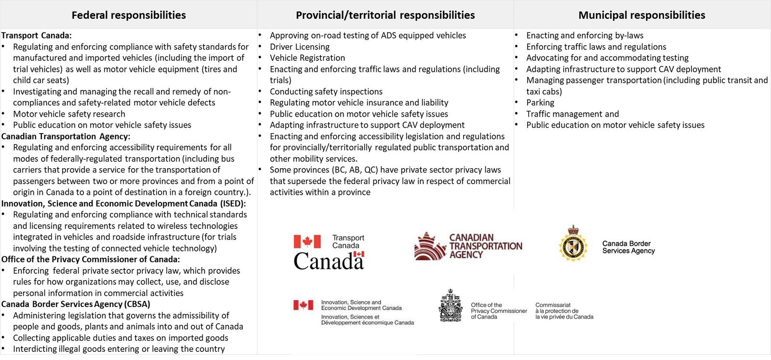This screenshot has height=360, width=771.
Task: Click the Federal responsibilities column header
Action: pos(129,15)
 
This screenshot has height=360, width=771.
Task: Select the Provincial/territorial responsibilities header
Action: pos(385,15)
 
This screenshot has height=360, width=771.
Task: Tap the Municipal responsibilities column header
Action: pos(641,15)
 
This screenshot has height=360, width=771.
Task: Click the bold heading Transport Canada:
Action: pos(37,35)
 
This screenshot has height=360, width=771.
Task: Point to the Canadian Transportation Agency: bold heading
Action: pos(66,136)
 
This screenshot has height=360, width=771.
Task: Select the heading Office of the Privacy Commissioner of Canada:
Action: pos(91,259)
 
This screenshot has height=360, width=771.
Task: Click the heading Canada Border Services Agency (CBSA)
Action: pos(76,304)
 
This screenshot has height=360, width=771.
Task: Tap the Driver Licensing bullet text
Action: pos(300,47)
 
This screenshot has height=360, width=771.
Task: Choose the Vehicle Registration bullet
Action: pos(307,58)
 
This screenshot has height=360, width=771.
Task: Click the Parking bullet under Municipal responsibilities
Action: pos(540,103)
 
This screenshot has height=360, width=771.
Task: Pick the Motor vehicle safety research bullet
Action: pos(69,114)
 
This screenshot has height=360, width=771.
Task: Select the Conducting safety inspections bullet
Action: pos(326,92)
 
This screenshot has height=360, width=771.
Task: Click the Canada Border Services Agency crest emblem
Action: pos(573,244)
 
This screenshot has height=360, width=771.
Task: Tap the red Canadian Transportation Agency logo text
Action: pos(485,246)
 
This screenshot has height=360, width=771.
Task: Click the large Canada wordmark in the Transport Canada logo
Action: pos(328,261)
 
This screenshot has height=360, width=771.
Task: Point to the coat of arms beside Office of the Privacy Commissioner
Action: pos(450,306)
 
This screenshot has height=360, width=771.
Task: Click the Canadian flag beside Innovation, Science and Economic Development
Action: pos(303,305)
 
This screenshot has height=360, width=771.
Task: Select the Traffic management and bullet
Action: pos(572,114)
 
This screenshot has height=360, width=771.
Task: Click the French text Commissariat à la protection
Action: pos(564,311)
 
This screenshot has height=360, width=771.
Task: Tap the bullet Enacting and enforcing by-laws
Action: pos(585,35)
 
